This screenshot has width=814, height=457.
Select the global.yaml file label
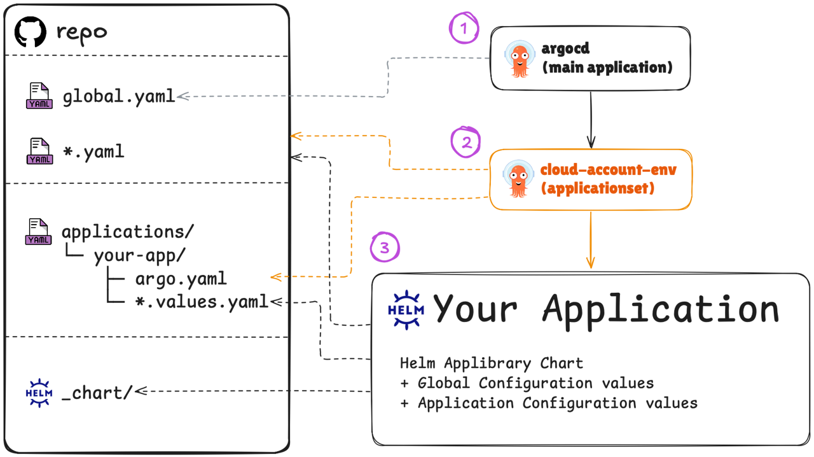click(x=118, y=97)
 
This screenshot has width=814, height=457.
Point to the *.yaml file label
click(x=93, y=152)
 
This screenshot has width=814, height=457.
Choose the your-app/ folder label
click(x=139, y=256)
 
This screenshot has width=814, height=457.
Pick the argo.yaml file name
click(x=181, y=279)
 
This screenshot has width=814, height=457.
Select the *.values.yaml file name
click(x=202, y=301)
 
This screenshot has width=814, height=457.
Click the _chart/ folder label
click(x=96, y=392)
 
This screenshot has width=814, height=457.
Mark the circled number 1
click(x=464, y=29)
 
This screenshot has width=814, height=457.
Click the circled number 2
click(x=466, y=142)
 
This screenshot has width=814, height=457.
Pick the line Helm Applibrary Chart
click(x=491, y=363)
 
